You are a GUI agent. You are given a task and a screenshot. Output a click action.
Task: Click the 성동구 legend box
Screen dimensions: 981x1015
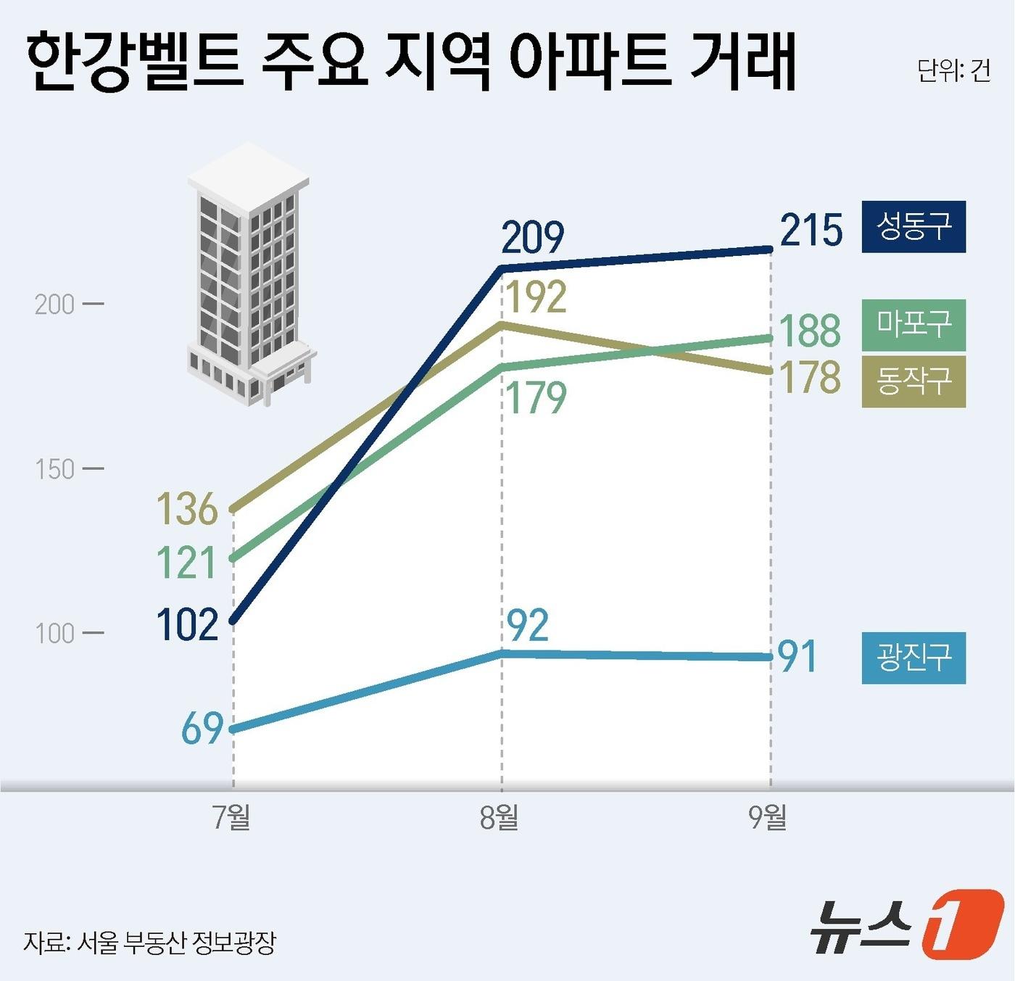(x=913, y=227)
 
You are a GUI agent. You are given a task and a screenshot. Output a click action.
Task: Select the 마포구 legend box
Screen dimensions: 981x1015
(x=913, y=325)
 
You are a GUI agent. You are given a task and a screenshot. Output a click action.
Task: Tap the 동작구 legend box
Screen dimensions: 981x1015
(x=913, y=381)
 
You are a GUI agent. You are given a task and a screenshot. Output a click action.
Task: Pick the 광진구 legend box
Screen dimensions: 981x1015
(x=913, y=658)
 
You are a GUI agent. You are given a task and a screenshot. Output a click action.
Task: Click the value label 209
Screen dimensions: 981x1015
(x=532, y=238)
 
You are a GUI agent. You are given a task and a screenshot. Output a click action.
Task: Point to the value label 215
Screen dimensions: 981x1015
(x=811, y=231)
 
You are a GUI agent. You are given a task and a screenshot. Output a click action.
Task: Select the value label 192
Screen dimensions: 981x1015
(x=536, y=298)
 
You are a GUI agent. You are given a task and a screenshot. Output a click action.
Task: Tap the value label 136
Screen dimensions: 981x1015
(x=187, y=509)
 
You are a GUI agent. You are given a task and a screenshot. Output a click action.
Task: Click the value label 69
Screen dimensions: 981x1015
(x=202, y=729)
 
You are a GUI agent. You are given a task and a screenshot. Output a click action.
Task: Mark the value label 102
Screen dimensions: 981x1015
(x=187, y=625)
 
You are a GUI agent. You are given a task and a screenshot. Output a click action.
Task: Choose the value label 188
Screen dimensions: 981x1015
(x=809, y=331)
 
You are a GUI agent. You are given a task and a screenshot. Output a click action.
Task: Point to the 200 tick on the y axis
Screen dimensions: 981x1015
(x=55, y=305)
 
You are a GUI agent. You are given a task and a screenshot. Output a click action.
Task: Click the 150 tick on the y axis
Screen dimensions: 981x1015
(x=55, y=470)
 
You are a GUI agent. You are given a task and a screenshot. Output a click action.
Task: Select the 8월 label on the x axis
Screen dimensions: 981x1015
(x=500, y=818)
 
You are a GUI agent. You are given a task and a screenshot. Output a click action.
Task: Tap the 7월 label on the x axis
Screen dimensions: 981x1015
(x=232, y=818)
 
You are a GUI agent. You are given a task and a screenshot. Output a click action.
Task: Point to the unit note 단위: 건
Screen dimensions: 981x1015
(x=953, y=71)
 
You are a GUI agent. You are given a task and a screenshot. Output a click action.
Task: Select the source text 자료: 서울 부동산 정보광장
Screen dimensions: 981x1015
(x=149, y=943)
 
